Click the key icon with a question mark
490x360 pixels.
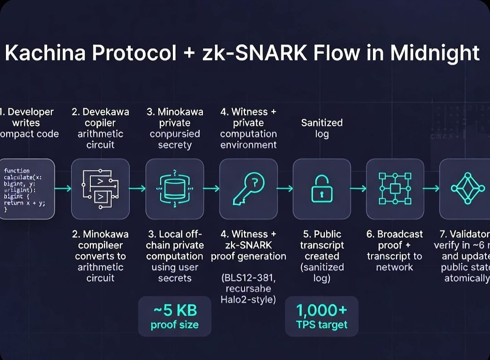pyautogui.click(x=248, y=188)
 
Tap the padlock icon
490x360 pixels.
pyautogui.click(x=322, y=189)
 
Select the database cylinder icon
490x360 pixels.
pyautogui.click(x=174, y=188)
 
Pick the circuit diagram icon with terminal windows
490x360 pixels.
pyautogui.click(x=100, y=189)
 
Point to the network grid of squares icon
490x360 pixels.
pyautogui.click(x=395, y=188)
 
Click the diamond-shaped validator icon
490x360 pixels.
pyautogui.click(x=465, y=188)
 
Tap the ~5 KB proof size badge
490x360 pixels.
pyautogui.click(x=174, y=316)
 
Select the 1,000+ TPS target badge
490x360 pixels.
pyautogui.click(x=322, y=316)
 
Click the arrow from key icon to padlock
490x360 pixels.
pyautogui.click(x=285, y=188)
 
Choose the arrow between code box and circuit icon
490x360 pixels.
pyautogui.click(x=63, y=188)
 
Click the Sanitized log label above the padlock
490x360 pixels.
pyautogui.click(x=322, y=128)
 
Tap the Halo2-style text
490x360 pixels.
pyautogui.click(x=248, y=299)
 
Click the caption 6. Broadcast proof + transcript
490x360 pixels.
pyautogui.click(x=394, y=251)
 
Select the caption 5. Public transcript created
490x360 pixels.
pyautogui.click(x=322, y=256)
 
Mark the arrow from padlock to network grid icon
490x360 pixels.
pyautogui.click(x=358, y=188)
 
